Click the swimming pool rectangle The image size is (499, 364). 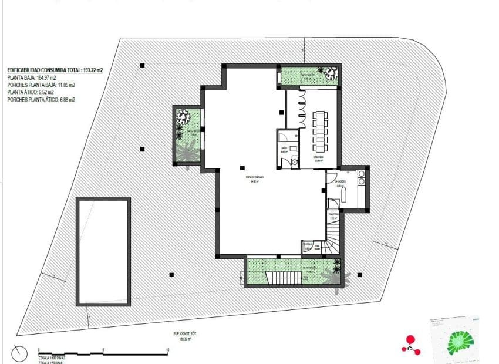point(103,251)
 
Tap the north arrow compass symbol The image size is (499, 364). point(19,354)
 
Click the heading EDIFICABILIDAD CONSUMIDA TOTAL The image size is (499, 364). point(55,70)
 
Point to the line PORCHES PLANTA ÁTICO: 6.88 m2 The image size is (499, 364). point(41,100)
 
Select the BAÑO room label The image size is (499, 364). point(284,149)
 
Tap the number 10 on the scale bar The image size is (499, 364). point(168,349)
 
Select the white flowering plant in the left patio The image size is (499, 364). point(182,117)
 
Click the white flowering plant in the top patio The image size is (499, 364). point(331,73)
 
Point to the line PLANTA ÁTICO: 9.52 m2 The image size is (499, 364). point(31,92)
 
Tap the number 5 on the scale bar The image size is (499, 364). point(103,349)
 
